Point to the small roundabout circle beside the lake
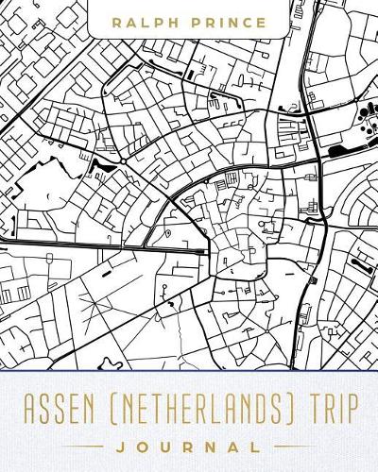click(x=123, y=161)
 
